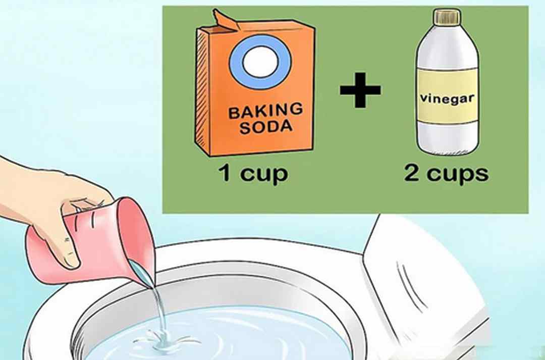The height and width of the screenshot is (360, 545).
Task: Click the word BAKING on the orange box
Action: pyautogui.click(x=265, y=111)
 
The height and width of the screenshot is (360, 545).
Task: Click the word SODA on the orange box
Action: pyautogui.click(x=266, y=127)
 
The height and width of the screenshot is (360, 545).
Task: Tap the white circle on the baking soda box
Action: pyautogui.click(x=260, y=62)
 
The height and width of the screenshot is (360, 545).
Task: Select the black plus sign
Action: pyautogui.click(x=360, y=90)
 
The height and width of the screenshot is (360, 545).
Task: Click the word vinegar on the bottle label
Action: pyautogui.click(x=447, y=99)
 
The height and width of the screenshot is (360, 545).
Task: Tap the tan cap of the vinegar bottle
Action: pyautogui.click(x=447, y=17)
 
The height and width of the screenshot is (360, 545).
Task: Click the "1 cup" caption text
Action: pyautogui.click(x=253, y=173)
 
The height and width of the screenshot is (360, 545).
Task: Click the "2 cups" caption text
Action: pyautogui.click(x=446, y=173)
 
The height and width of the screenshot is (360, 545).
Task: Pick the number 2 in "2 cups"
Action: pyautogui.click(x=412, y=172)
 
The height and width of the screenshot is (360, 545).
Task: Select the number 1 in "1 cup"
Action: pyautogui.click(x=225, y=173)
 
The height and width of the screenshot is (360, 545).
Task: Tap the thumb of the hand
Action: pyautogui.click(x=66, y=247)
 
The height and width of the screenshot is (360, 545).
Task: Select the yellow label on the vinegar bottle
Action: pyautogui.click(x=447, y=96)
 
